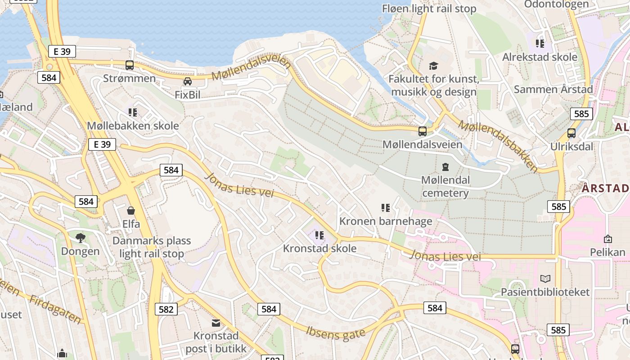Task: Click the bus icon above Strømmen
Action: pos(130,65)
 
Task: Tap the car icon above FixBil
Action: pos(188,81)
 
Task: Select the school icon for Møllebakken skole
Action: pos(132,112)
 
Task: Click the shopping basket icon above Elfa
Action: pos(131,210)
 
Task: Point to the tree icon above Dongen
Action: pos(81,238)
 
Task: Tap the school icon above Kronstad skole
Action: pos(319,235)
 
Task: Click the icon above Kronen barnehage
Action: pos(386,207)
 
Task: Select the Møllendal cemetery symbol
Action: pos(445,167)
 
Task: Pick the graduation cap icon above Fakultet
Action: pos(433,66)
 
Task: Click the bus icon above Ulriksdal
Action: pos(571,133)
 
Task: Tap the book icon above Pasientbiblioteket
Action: pos(545,279)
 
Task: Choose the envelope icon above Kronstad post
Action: pos(216,323)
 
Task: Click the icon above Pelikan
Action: pos(608,239)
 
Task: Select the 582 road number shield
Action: pos(166,309)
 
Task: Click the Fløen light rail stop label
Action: pos(429,9)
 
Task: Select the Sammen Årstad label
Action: pos(553,89)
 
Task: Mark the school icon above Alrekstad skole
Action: pos(540,44)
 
